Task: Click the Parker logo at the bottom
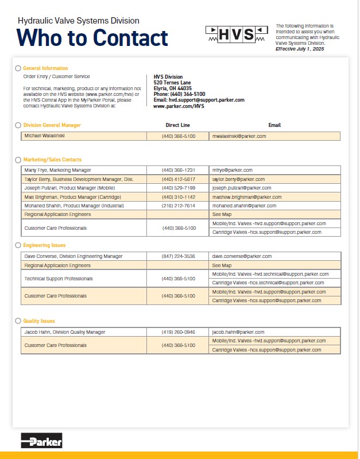click(41, 441)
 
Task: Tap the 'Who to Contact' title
click(92, 38)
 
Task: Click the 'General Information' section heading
click(45, 68)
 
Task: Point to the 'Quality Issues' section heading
click(39, 321)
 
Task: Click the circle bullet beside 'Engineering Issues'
click(18, 245)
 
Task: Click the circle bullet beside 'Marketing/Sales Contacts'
click(18, 160)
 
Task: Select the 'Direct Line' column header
click(178, 125)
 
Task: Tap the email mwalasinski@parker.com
click(239, 136)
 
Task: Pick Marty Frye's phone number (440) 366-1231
click(179, 170)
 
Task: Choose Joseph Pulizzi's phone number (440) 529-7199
click(179, 188)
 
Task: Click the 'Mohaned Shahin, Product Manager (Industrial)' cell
click(73, 205)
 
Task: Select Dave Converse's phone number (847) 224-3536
click(179, 256)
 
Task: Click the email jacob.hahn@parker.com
click(238, 332)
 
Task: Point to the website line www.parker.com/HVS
click(179, 106)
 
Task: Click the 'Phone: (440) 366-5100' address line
click(179, 94)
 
